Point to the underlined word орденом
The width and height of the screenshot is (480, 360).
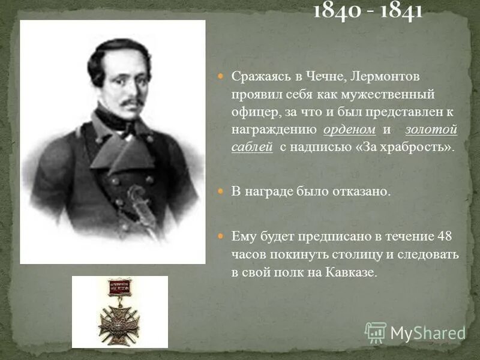point(349,130)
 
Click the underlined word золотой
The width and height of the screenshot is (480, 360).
point(431,130)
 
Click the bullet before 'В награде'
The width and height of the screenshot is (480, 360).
point(220,191)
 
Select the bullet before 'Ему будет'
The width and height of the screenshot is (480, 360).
point(220,236)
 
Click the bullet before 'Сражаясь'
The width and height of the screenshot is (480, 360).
point(220,77)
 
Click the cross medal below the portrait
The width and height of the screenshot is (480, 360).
point(119,316)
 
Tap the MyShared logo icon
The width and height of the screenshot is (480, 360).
point(376,332)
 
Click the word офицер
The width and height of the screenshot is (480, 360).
point(252,112)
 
